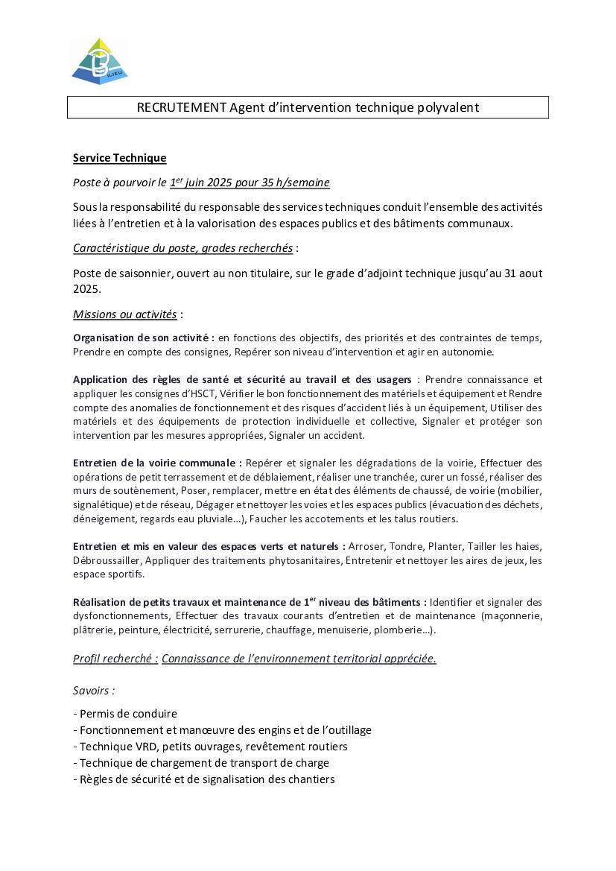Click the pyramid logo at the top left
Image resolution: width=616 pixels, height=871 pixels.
click(x=100, y=60)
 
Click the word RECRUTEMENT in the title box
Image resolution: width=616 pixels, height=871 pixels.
click(x=181, y=108)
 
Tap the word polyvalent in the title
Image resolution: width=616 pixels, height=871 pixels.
click(x=447, y=108)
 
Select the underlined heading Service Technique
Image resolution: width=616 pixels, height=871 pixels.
click(x=119, y=158)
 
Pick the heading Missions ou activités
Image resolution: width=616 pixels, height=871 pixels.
click(x=124, y=314)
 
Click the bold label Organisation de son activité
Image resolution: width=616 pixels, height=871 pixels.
click(x=143, y=338)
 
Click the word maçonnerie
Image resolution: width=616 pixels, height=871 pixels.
click(x=514, y=615)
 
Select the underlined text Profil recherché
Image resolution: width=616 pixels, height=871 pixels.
click(x=115, y=659)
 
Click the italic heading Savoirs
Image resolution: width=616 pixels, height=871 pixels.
click(x=94, y=691)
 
